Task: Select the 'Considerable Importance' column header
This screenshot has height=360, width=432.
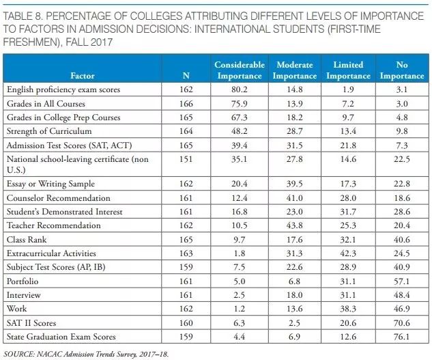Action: (239, 70)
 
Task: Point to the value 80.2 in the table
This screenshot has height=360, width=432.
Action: (239, 89)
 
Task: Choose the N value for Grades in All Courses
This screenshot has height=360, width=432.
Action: (186, 103)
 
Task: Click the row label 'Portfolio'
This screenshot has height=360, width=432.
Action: (23, 281)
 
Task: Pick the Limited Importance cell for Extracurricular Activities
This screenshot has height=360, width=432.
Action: (348, 253)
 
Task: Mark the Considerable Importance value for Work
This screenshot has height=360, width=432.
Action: (239, 309)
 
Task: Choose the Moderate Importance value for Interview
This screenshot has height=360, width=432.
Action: (293, 295)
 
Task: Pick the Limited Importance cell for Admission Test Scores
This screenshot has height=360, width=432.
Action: (348, 145)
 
